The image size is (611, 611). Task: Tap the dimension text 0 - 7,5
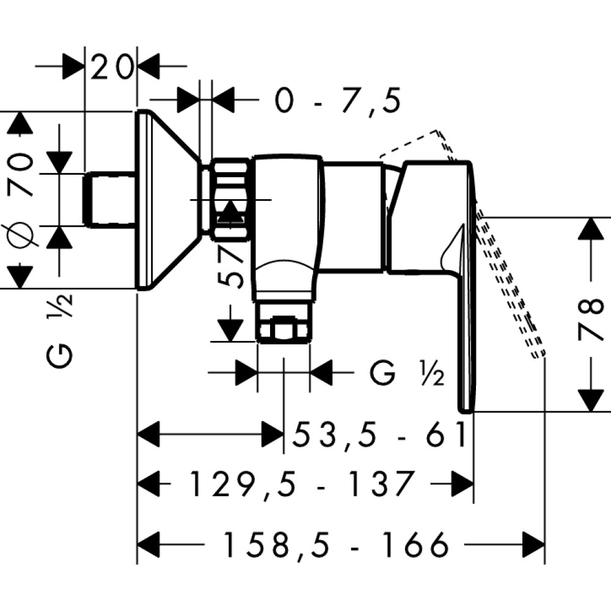click(338, 101)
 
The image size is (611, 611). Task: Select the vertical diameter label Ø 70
click(20, 199)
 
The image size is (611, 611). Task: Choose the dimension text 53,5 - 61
click(379, 435)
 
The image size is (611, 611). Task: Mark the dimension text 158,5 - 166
click(336, 544)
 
